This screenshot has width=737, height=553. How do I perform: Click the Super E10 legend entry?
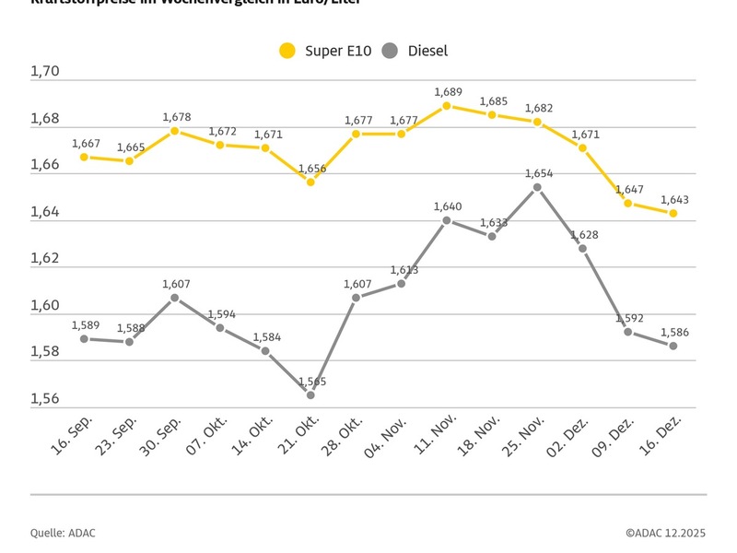[325, 51]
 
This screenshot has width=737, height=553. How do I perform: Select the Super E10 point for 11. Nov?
[447, 106]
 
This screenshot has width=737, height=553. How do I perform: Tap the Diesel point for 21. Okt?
[310, 394]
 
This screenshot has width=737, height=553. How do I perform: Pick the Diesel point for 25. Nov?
[537, 187]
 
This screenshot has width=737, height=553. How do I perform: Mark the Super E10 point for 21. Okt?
[310, 182]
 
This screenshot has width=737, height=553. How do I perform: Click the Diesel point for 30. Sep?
[174, 298]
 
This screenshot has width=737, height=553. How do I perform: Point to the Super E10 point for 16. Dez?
[673, 213]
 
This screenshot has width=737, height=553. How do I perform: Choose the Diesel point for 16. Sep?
[84, 338]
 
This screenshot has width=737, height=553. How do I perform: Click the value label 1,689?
[447, 92]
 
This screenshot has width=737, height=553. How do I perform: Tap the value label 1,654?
[538, 173]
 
